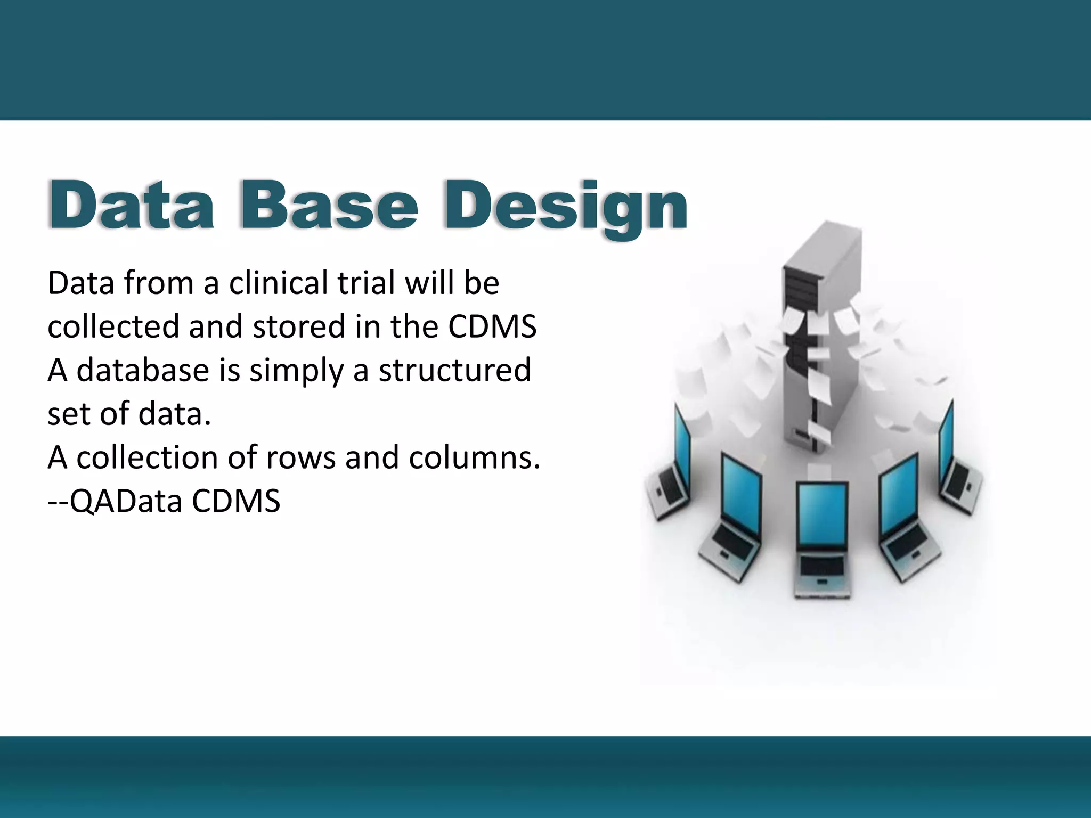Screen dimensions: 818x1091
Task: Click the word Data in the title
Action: click(x=132, y=206)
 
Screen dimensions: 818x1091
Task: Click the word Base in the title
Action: click(x=329, y=206)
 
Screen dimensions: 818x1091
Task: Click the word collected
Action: click(x=113, y=326)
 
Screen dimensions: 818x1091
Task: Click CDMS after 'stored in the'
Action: click(x=492, y=326)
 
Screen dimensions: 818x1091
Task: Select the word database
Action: click(x=143, y=370)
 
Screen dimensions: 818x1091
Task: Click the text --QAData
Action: click(x=115, y=502)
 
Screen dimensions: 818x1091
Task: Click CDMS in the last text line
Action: click(x=236, y=501)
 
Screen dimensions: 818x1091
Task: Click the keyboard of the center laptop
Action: click(x=822, y=567)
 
